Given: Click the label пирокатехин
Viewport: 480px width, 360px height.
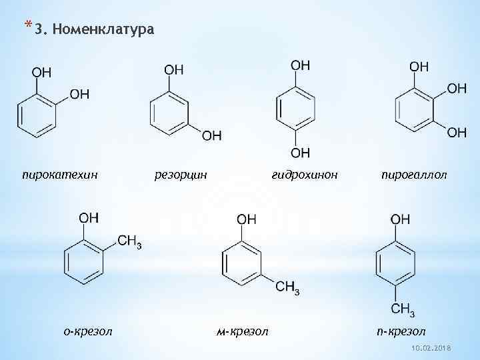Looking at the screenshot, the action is tap(59, 175).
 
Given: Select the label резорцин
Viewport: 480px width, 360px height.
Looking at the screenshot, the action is tap(181, 175).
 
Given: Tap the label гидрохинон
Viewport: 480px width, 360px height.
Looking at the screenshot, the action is tap(305, 175).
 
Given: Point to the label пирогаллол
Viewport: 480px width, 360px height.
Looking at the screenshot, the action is tap(414, 175).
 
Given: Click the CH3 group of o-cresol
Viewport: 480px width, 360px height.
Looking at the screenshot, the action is tap(129, 241).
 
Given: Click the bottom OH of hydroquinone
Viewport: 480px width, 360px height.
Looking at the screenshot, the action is tap(301, 153).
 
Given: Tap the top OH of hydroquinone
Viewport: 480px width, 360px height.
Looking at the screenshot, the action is tap(301, 65).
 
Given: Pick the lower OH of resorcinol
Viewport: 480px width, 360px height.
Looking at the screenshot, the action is tap(211, 136).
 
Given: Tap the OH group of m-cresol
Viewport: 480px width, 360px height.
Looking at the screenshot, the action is tap(246, 219).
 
